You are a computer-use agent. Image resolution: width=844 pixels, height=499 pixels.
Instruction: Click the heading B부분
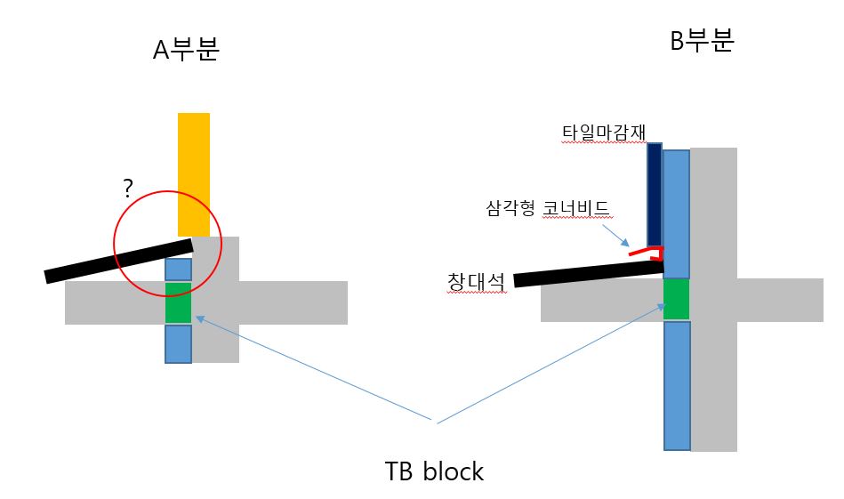click(x=702, y=41)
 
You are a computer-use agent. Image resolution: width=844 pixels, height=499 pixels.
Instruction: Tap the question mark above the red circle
click(x=128, y=189)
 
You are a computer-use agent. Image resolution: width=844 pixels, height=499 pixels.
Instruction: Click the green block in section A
click(x=178, y=302)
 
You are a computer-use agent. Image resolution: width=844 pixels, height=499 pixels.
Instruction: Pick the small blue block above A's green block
click(x=178, y=269)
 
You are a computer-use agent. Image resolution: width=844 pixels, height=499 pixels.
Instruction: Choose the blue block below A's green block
click(x=178, y=344)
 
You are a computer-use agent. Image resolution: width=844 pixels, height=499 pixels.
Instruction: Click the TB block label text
click(x=434, y=471)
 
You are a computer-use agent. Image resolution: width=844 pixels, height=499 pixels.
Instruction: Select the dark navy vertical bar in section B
click(x=655, y=195)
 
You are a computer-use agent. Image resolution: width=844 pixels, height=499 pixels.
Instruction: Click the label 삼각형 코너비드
click(x=547, y=209)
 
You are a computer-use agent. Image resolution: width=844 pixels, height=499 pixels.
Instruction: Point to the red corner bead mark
click(x=648, y=254)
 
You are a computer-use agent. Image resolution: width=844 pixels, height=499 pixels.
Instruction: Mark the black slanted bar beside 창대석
click(x=588, y=273)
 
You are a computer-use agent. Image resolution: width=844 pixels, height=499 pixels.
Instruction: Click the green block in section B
click(x=677, y=299)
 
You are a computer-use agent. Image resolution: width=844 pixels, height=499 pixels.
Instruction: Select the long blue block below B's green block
click(x=677, y=385)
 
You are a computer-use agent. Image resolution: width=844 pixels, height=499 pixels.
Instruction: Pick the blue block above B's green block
click(x=677, y=213)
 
